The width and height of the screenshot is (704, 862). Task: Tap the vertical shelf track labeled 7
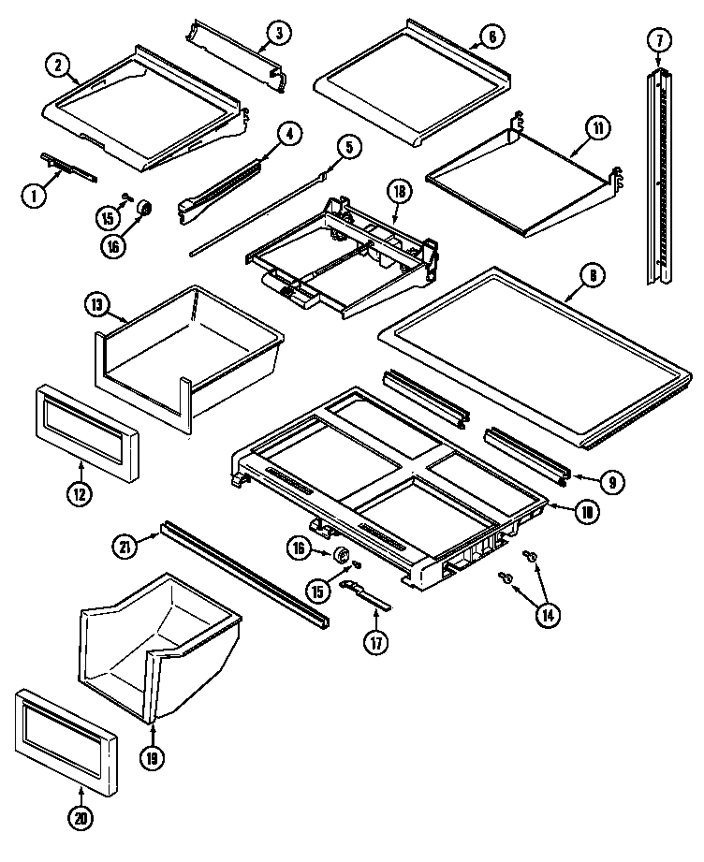660,178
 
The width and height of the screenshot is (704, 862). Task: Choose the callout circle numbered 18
400,192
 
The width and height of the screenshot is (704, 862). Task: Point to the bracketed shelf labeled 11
520,183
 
